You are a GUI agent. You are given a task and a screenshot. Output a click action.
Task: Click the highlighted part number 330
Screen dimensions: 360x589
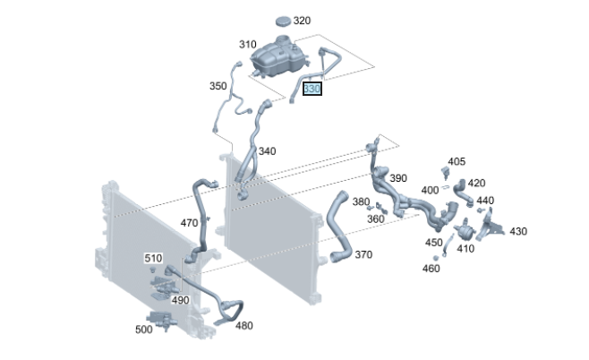point(312,89)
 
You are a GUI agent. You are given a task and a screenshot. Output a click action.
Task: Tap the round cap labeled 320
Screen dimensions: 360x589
point(285,21)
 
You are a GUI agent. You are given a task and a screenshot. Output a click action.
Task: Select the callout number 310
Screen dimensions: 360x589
point(247,45)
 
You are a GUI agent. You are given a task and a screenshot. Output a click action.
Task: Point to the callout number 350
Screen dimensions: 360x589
point(218,86)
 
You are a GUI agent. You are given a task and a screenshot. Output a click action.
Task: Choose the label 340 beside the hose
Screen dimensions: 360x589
point(267,151)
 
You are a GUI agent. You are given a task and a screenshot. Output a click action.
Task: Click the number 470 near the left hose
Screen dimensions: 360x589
point(190,222)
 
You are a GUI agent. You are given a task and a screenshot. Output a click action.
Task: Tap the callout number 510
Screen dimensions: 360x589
point(153,258)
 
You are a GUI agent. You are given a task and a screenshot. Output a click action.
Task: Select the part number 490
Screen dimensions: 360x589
point(180,300)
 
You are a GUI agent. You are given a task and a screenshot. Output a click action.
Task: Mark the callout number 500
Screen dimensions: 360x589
point(143,330)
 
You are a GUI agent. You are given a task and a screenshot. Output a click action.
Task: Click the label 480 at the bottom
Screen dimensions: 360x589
point(243,326)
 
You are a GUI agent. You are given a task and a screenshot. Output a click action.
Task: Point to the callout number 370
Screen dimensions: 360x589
point(363,255)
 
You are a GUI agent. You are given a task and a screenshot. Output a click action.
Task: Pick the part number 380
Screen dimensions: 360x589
point(361,201)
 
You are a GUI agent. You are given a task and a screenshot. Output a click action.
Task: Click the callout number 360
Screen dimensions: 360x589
point(376,219)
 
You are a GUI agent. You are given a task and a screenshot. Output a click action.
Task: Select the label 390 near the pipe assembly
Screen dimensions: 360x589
point(397,178)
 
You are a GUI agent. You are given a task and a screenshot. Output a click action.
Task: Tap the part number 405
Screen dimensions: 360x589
point(457,161)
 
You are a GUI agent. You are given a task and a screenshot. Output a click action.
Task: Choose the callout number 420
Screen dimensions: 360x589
point(476,183)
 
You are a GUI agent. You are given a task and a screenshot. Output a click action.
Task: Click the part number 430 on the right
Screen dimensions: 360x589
point(518,231)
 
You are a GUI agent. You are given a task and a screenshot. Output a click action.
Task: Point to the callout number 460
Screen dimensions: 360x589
point(431,269)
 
